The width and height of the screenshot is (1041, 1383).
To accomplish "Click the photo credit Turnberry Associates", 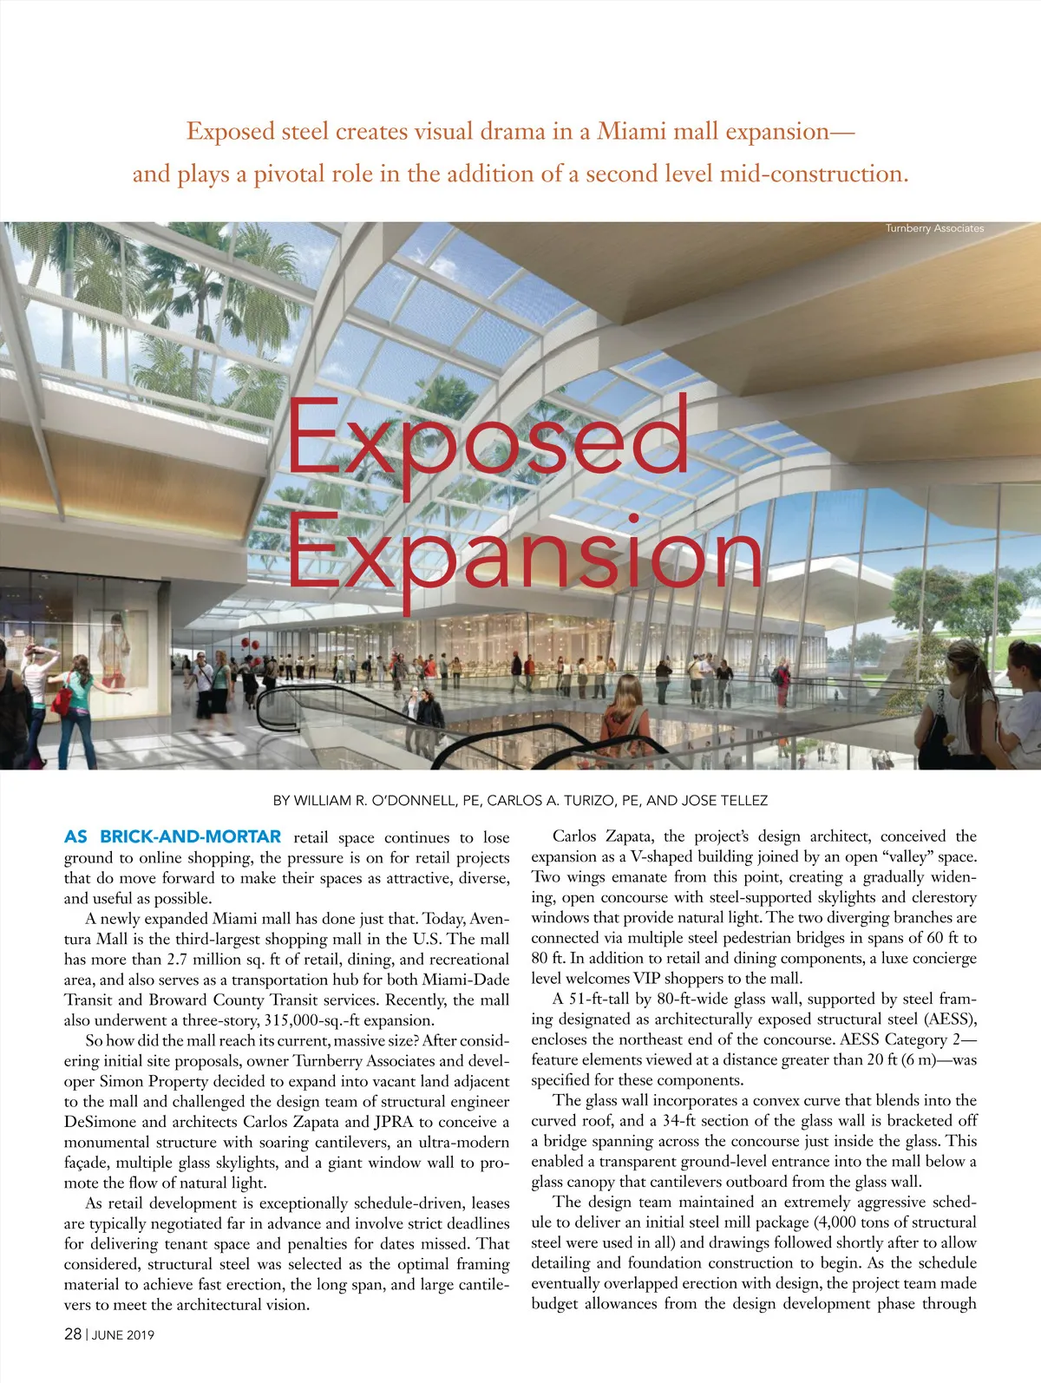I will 934,228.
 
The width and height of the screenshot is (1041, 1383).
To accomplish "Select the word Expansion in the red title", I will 525,555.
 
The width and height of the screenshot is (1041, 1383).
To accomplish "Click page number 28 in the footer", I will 73,1334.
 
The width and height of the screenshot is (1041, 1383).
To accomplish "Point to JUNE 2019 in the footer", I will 123,1335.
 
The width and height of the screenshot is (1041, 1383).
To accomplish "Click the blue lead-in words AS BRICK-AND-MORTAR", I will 173,837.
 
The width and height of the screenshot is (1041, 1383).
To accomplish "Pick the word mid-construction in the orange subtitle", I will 815,174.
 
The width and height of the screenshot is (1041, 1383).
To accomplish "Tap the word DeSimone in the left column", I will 100,1122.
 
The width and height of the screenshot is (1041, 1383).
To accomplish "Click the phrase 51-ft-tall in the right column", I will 606,1000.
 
